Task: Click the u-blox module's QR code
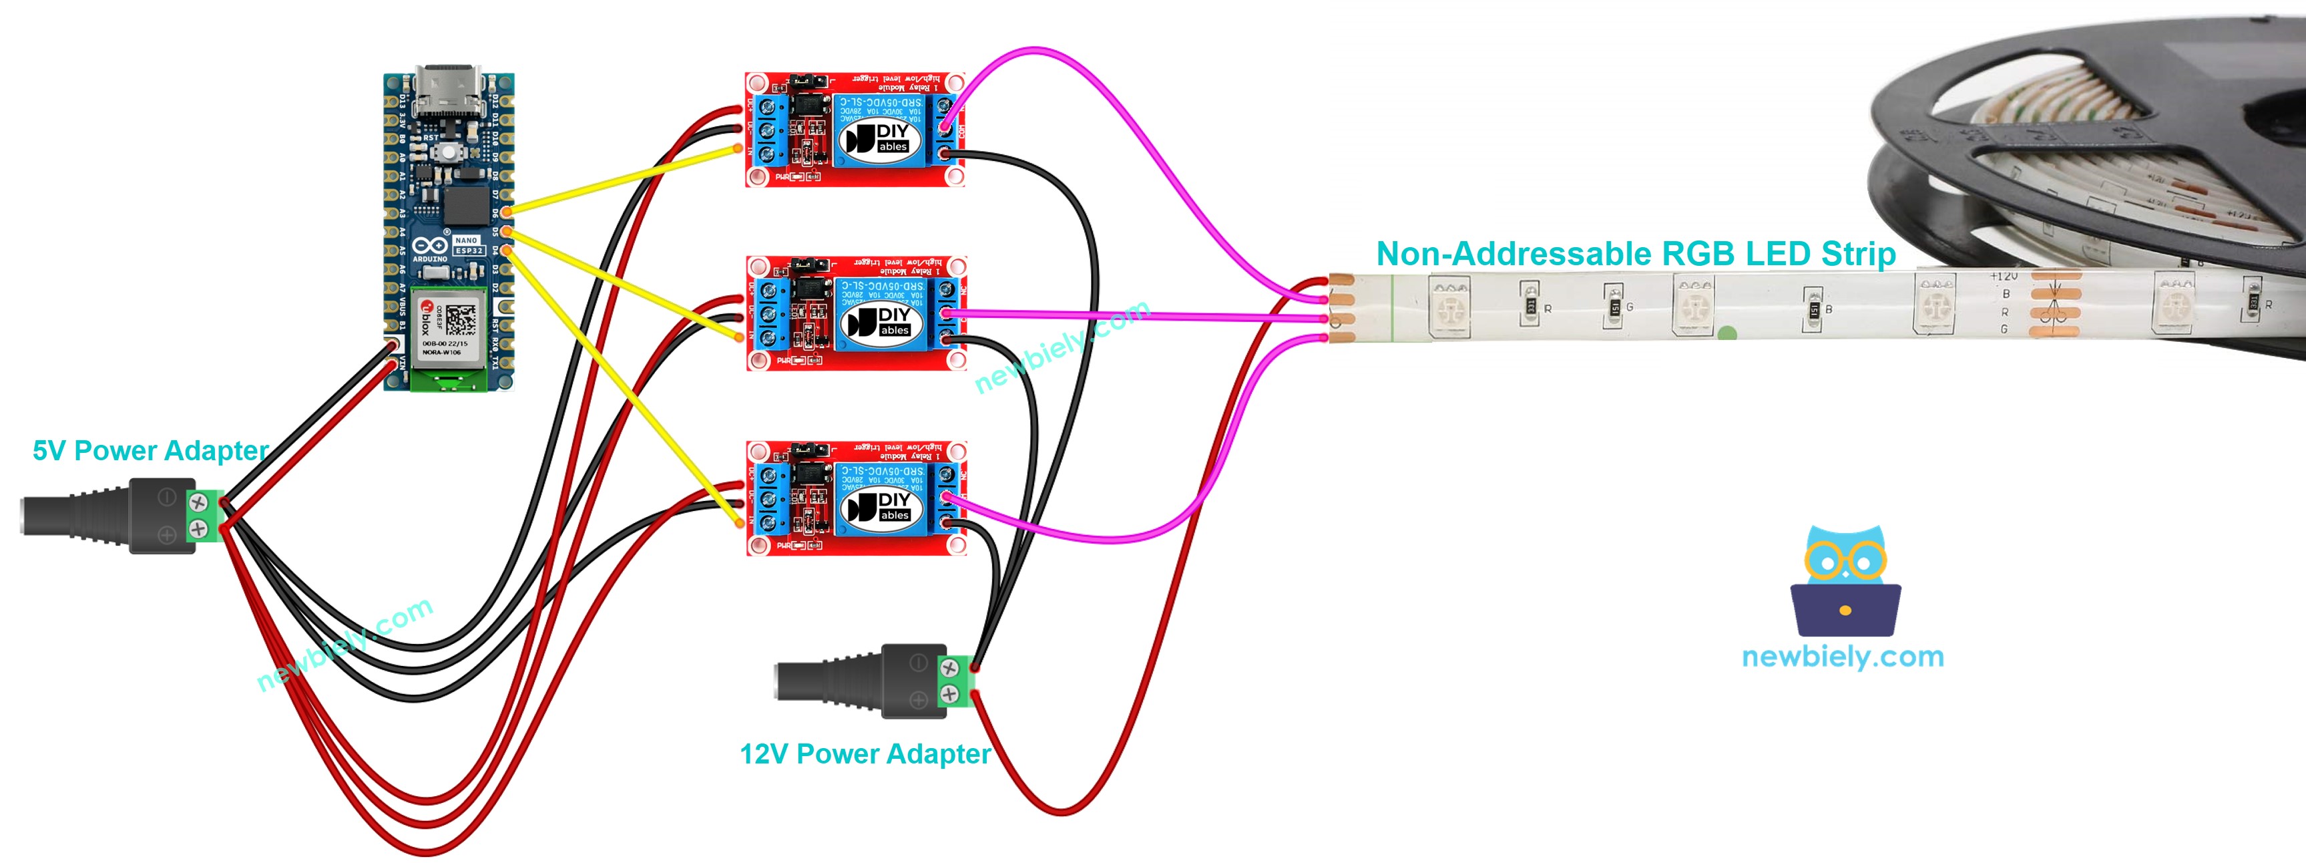coord(460,319)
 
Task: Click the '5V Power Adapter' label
coord(150,450)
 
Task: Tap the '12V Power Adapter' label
coord(865,753)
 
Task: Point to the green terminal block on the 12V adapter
coord(955,681)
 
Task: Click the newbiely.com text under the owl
coord(1842,657)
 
